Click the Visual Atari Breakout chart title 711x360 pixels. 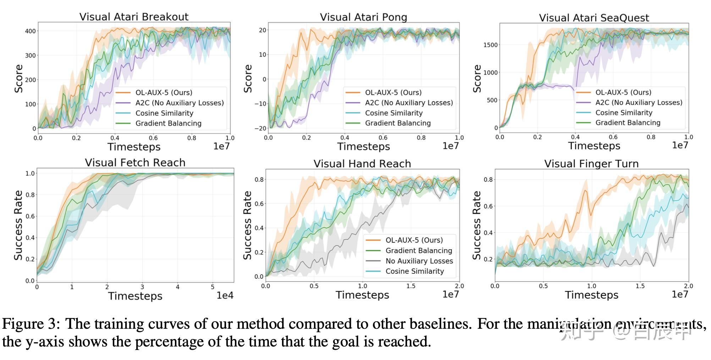point(134,17)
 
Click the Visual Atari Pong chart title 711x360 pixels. point(363,17)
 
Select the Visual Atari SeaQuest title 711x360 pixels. point(594,18)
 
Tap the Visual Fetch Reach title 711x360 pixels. point(135,163)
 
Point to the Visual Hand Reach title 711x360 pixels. point(362,164)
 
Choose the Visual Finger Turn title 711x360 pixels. point(591,164)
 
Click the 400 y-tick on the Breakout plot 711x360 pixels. point(31,31)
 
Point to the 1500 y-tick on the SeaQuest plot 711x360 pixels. point(491,45)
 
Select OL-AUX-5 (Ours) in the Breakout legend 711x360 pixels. point(164,93)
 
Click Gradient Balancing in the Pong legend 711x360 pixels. point(398,123)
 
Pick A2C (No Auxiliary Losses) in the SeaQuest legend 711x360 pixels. point(639,103)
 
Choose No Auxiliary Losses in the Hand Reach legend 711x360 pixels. point(419,261)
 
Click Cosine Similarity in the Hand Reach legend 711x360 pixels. point(414,271)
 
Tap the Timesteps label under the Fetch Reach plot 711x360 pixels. point(135,296)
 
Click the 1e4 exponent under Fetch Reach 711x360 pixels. point(225,295)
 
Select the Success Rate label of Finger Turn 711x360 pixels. point(477,225)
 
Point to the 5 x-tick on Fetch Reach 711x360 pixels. point(213,287)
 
